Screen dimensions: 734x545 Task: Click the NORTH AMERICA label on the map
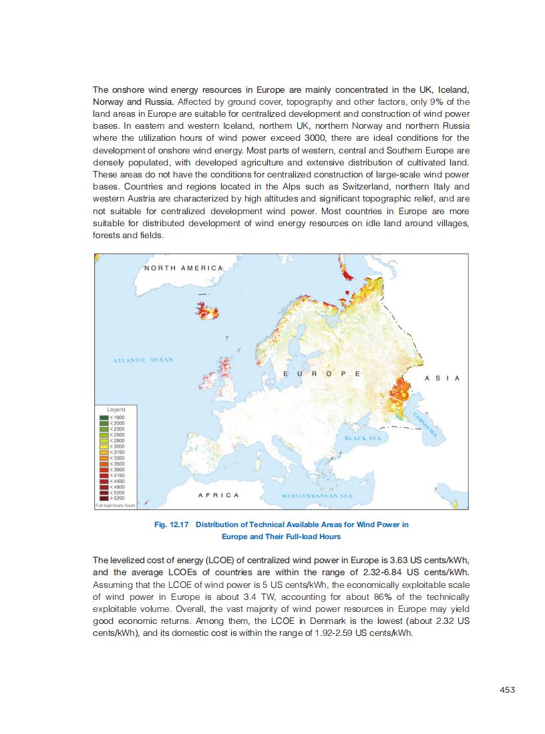click(x=184, y=268)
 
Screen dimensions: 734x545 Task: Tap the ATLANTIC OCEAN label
click(x=143, y=360)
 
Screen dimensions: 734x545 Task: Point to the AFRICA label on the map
click(x=218, y=495)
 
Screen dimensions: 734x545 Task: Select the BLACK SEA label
click(x=363, y=438)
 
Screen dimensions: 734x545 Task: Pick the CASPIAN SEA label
click(x=425, y=424)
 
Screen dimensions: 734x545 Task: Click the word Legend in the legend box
click(x=116, y=409)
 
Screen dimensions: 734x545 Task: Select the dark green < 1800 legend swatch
click(x=104, y=417)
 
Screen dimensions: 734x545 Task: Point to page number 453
click(x=507, y=690)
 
